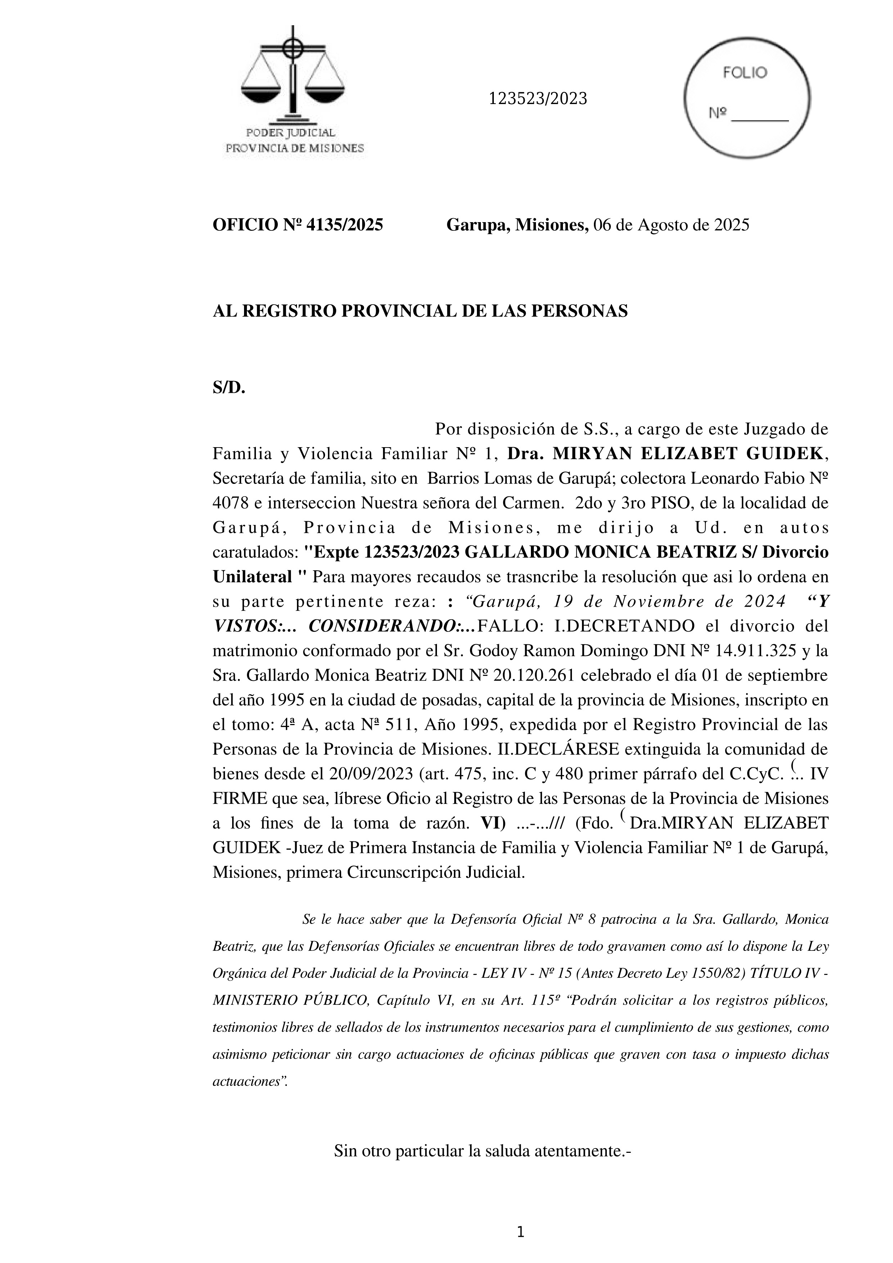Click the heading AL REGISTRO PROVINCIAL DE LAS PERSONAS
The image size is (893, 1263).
coord(420,311)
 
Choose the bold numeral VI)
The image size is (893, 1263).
coord(493,823)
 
